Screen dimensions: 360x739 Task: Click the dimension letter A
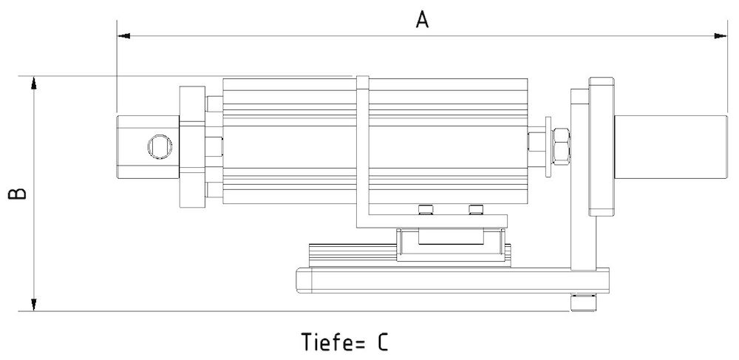tap(422, 19)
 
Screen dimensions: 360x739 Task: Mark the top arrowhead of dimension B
tap(33, 81)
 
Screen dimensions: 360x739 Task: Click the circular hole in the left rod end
tap(158, 146)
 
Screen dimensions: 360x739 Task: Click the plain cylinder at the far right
tap(671, 145)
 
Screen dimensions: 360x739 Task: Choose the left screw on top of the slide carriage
tap(424, 210)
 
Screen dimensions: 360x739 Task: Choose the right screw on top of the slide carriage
tap(474, 210)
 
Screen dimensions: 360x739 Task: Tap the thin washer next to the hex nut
tap(548, 145)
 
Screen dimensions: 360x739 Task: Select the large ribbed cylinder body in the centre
tap(296, 140)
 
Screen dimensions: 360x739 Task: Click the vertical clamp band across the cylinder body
tap(363, 148)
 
